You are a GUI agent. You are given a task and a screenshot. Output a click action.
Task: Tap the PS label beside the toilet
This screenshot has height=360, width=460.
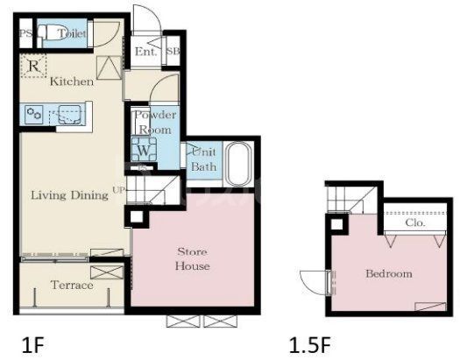pyautogui.click(x=25, y=33)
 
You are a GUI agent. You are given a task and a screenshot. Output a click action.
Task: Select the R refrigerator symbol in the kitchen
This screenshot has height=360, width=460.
pyautogui.click(x=34, y=67)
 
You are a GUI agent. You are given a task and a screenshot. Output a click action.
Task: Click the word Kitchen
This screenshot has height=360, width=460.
pyautogui.click(x=72, y=81)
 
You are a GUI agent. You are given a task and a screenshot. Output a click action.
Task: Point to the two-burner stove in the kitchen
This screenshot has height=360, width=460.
pyautogui.click(x=34, y=114)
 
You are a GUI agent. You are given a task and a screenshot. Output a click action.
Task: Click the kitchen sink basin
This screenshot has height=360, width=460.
pyautogui.click(x=70, y=115)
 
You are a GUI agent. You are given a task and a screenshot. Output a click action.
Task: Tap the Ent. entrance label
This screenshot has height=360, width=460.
pyautogui.click(x=145, y=52)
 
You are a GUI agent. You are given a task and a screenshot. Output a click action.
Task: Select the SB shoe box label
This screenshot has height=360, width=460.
pyautogui.click(x=173, y=51)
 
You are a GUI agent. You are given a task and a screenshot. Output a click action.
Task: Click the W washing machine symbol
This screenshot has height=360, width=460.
pyautogui.click(x=144, y=149)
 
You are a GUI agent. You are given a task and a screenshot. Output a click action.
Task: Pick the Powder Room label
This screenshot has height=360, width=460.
pyautogui.click(x=155, y=123)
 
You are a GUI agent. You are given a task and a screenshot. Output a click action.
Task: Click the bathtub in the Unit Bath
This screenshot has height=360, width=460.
pyautogui.click(x=239, y=164)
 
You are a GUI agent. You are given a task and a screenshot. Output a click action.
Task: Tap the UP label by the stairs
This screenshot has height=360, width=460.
pyautogui.click(x=119, y=190)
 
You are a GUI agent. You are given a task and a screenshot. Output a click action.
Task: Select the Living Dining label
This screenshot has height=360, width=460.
pyautogui.click(x=69, y=195)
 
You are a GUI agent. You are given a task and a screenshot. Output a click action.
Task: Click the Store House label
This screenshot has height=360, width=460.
pyautogui.click(x=193, y=259)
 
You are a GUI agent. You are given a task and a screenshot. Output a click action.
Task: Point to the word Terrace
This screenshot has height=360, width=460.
pyautogui.click(x=72, y=285)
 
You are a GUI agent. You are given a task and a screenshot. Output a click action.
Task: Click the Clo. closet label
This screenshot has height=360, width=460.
pyautogui.click(x=415, y=222)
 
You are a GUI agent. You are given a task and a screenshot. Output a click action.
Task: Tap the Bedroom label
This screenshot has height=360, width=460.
pyautogui.click(x=389, y=274)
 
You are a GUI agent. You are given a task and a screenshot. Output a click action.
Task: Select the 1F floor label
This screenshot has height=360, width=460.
pyautogui.click(x=33, y=345)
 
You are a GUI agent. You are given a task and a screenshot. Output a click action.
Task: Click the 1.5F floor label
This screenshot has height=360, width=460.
pyautogui.click(x=310, y=345)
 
